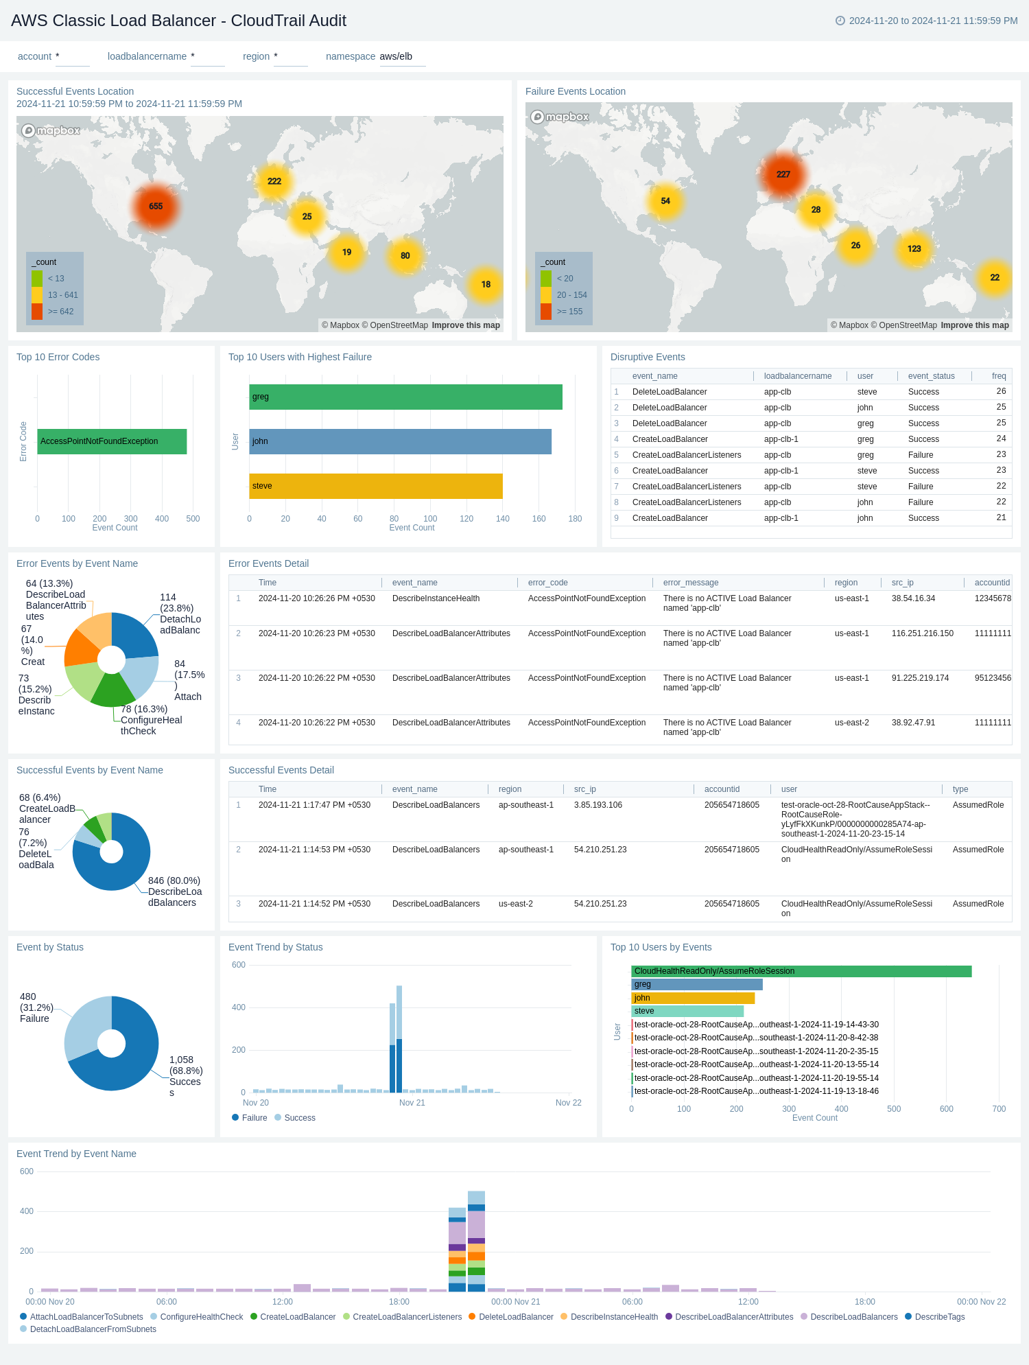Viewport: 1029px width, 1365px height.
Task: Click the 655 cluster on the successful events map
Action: [156, 206]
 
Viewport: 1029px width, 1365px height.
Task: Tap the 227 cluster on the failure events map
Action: [783, 174]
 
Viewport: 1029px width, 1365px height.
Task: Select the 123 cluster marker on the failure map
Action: [914, 248]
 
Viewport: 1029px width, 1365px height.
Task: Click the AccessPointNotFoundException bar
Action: [112, 441]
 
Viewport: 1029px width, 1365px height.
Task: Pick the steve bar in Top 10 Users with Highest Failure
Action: [375, 486]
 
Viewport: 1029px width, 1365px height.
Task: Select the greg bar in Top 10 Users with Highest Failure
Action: [405, 397]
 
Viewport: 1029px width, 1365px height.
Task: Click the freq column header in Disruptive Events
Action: [998, 376]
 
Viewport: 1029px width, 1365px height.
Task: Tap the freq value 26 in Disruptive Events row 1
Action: [1001, 391]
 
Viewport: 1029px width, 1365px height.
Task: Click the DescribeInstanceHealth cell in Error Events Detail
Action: [436, 598]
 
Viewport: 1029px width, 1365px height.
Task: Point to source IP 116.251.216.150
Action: [922, 633]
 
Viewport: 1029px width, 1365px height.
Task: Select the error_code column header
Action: [547, 583]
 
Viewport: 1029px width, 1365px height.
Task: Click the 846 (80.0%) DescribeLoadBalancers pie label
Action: [174, 891]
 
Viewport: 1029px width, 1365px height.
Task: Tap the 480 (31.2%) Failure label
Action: [36, 1007]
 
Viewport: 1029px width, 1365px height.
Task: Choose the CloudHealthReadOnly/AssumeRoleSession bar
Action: [801, 971]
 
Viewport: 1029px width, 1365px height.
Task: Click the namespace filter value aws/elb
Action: [396, 56]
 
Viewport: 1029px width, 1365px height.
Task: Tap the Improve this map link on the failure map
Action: [974, 325]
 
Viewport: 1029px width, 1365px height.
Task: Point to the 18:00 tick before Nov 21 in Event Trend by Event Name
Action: [399, 1302]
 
